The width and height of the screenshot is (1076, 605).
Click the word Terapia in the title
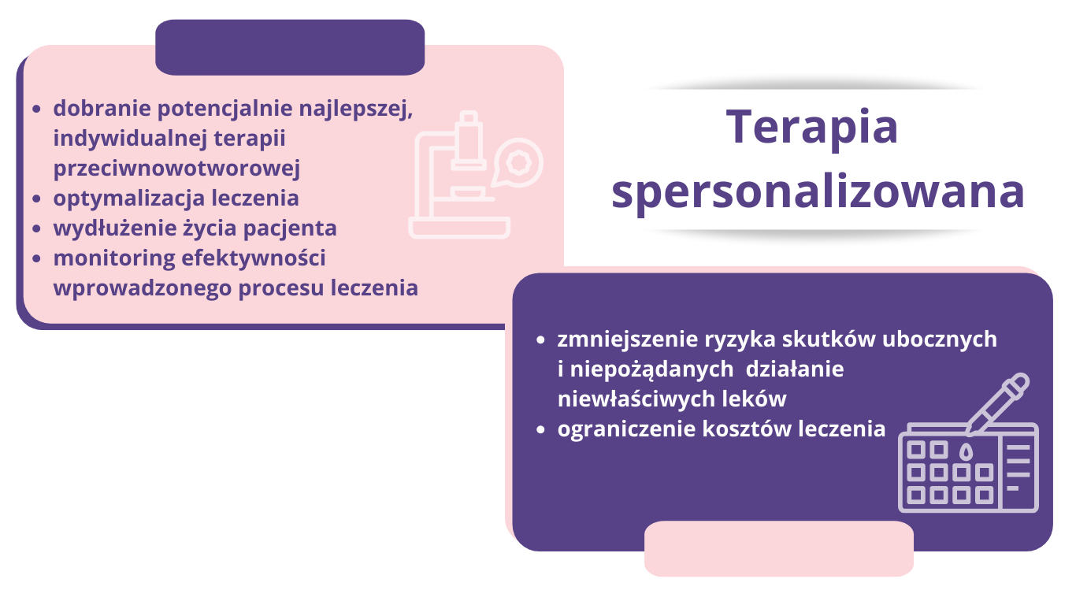point(811,128)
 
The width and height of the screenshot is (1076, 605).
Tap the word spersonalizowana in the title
point(818,193)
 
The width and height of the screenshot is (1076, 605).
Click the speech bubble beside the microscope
point(518,163)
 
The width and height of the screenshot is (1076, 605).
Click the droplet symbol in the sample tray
point(966,451)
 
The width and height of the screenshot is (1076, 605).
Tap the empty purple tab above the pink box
point(290,47)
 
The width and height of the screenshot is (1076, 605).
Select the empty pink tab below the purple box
point(779,548)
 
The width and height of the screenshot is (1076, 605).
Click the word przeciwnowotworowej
point(176,169)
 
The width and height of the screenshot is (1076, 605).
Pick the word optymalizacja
point(128,199)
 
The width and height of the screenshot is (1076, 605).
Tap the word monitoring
point(114,258)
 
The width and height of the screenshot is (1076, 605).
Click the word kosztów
point(747,429)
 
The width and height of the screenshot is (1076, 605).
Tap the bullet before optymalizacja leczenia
point(36,199)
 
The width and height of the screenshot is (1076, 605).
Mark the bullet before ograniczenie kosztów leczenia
point(540,429)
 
